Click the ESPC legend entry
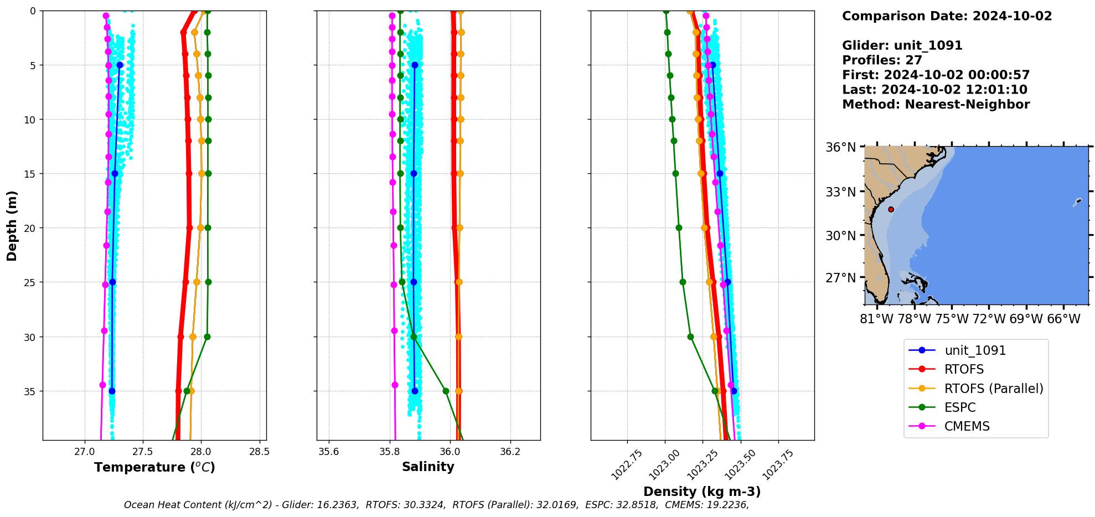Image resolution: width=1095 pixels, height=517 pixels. click(x=960, y=407)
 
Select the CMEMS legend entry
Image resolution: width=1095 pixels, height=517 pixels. click(x=967, y=426)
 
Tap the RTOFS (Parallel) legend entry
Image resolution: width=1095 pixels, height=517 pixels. click(x=993, y=389)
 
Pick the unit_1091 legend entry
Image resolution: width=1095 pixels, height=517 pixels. click(x=975, y=350)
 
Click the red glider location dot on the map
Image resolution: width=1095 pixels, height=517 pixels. click(x=891, y=209)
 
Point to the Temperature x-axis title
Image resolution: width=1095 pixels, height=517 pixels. click(x=154, y=467)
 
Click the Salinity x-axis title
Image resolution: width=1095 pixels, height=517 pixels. click(x=428, y=467)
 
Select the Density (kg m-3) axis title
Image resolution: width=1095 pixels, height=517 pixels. click(x=701, y=492)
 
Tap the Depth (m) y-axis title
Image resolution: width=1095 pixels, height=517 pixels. click(x=12, y=226)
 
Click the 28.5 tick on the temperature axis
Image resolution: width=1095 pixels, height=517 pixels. click(x=259, y=452)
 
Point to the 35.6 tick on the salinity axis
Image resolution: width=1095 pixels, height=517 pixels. click(x=329, y=452)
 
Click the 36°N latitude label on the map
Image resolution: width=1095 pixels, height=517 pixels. click(x=840, y=147)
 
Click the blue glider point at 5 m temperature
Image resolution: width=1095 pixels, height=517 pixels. click(x=120, y=65)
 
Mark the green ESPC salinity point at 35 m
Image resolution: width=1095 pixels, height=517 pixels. click(x=446, y=391)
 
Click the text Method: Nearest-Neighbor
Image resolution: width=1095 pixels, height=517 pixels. click(x=936, y=105)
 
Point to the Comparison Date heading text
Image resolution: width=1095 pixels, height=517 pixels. click(x=947, y=16)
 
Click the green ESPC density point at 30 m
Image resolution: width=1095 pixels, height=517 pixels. click(x=690, y=337)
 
